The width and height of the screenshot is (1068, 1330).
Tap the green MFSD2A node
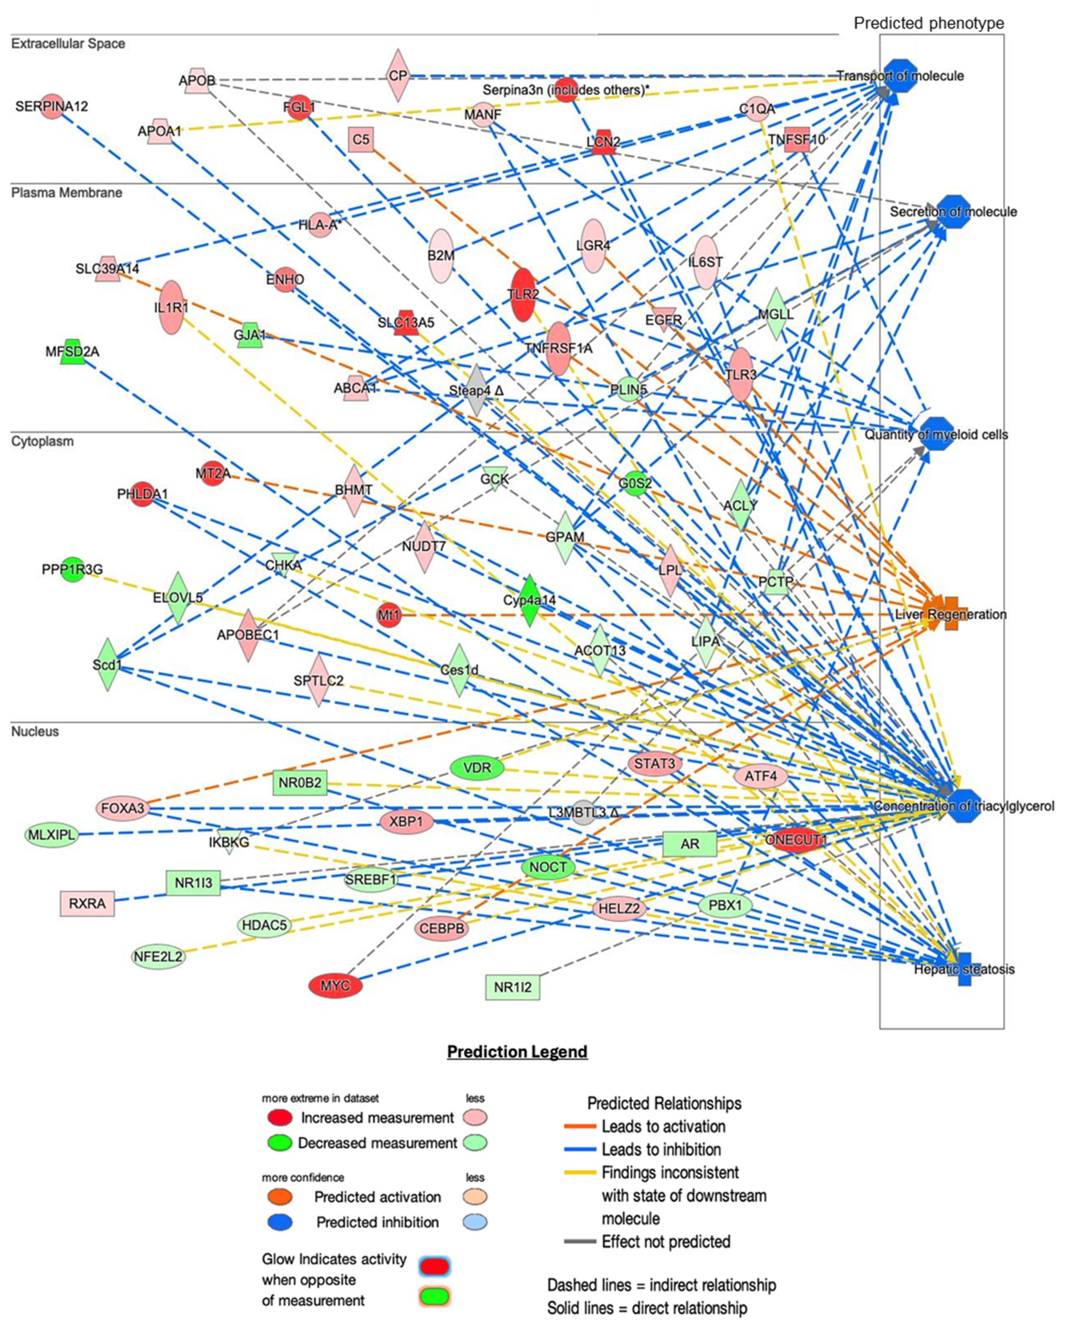[x=73, y=351]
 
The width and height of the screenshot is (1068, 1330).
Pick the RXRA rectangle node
[x=87, y=904]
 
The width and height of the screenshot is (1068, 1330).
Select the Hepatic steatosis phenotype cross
[x=964, y=969]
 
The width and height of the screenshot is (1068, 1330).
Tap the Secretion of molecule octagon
[x=953, y=211]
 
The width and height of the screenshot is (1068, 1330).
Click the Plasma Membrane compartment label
[x=67, y=192]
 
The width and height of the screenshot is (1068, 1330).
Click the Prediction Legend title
[x=517, y=1051]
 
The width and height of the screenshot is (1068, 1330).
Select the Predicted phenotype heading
[x=929, y=23]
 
